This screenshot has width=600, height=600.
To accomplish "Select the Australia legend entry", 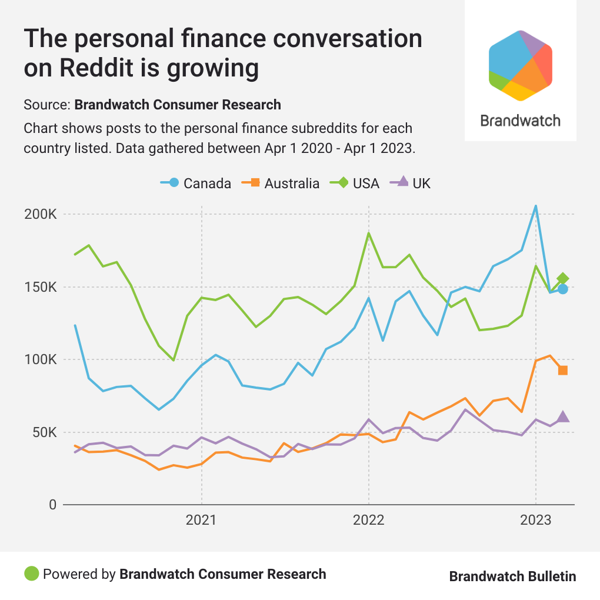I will pos(281,183).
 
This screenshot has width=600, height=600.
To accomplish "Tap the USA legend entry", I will pos(355,183).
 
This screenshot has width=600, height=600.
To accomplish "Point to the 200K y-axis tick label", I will pos(39,214).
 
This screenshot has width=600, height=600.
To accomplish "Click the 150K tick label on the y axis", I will pos(39,287).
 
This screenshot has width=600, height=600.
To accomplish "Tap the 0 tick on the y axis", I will pos(52,505).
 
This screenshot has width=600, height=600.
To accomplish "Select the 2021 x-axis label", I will pos(201,521).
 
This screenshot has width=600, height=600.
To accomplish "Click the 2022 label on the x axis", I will pos(368,521).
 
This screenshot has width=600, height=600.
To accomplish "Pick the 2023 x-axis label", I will pos(535,521).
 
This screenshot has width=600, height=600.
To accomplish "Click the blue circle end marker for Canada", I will pos(563,289).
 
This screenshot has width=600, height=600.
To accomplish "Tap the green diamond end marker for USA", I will pos(563,278).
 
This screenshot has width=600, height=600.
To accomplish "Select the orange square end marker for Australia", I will pos(563,370).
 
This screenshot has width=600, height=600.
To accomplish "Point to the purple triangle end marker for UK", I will pos(563,416).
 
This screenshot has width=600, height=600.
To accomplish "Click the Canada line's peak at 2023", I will pos(535,206).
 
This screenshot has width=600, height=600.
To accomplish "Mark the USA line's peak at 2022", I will pos(368,234).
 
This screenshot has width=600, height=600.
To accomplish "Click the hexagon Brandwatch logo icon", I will pos(520,64).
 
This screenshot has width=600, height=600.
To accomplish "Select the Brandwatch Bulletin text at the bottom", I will pos(512,576).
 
